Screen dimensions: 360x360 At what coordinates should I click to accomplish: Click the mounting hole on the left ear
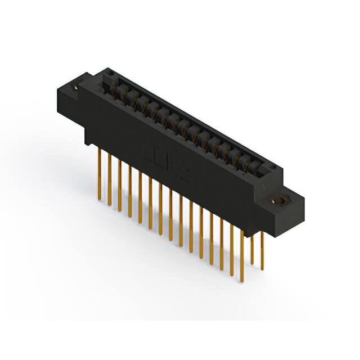coord(77,88)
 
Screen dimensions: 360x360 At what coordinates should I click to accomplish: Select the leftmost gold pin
coord(100,169)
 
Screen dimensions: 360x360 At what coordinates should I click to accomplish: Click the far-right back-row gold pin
coord(262,247)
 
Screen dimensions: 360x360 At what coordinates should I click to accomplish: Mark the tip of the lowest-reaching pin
coord(242,281)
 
